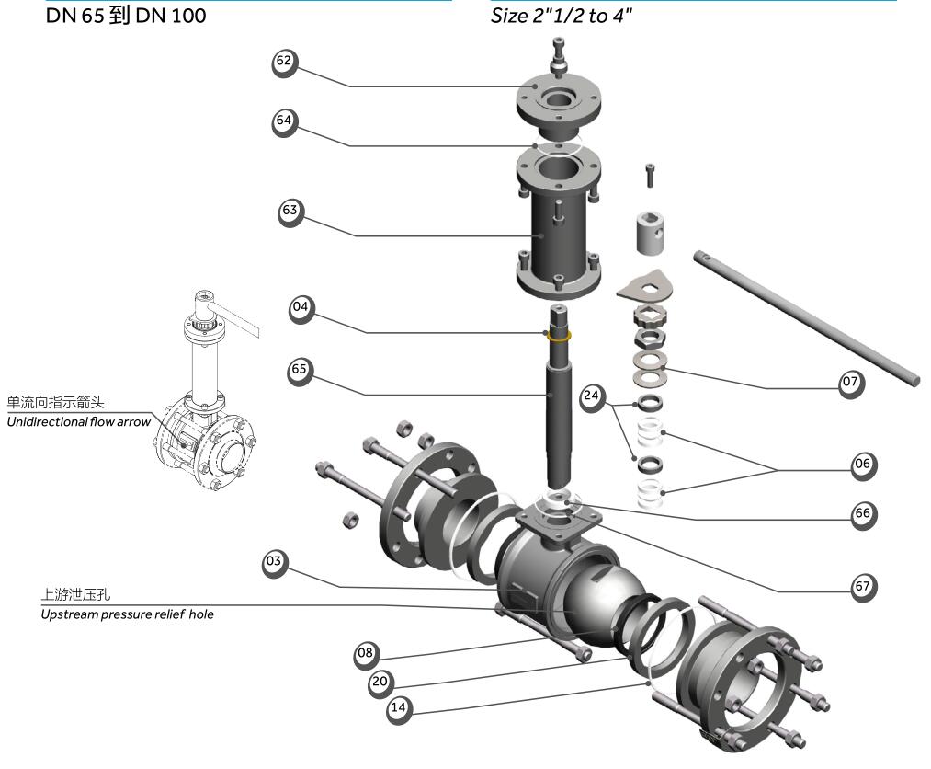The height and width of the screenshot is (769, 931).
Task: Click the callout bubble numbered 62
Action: [x=285, y=62]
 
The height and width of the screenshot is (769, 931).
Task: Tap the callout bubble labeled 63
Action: [x=290, y=212]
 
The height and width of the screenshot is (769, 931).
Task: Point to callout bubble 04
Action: [x=301, y=308]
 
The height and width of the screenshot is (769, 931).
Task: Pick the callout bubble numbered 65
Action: [x=300, y=371]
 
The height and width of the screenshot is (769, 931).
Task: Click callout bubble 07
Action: [x=851, y=381]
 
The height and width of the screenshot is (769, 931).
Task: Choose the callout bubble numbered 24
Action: [x=593, y=396]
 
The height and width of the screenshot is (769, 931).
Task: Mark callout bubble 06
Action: [x=862, y=465]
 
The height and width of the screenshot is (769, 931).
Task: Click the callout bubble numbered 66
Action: [x=862, y=513]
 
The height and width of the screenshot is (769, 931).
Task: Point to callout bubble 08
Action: [x=367, y=653]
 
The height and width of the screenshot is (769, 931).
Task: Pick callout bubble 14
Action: [x=399, y=708]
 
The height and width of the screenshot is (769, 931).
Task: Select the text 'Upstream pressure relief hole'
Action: [x=127, y=614]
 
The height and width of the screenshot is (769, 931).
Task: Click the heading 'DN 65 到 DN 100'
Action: [x=126, y=17]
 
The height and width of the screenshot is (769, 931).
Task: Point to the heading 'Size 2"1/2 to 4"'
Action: [x=562, y=17]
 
